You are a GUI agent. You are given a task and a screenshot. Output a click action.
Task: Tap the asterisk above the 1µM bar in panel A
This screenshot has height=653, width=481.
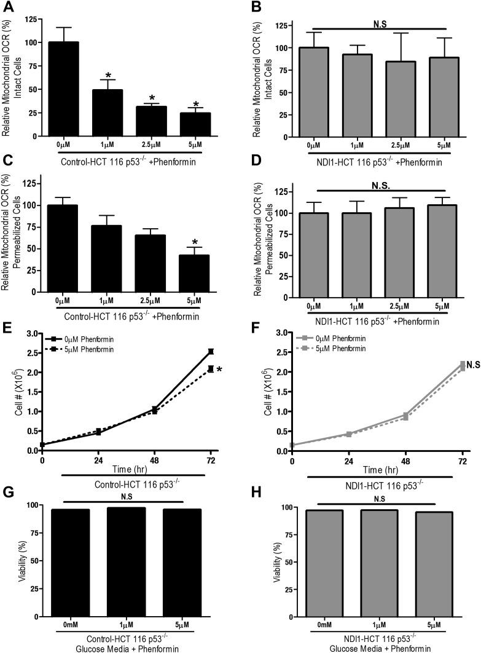pyautogui.click(x=108, y=75)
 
